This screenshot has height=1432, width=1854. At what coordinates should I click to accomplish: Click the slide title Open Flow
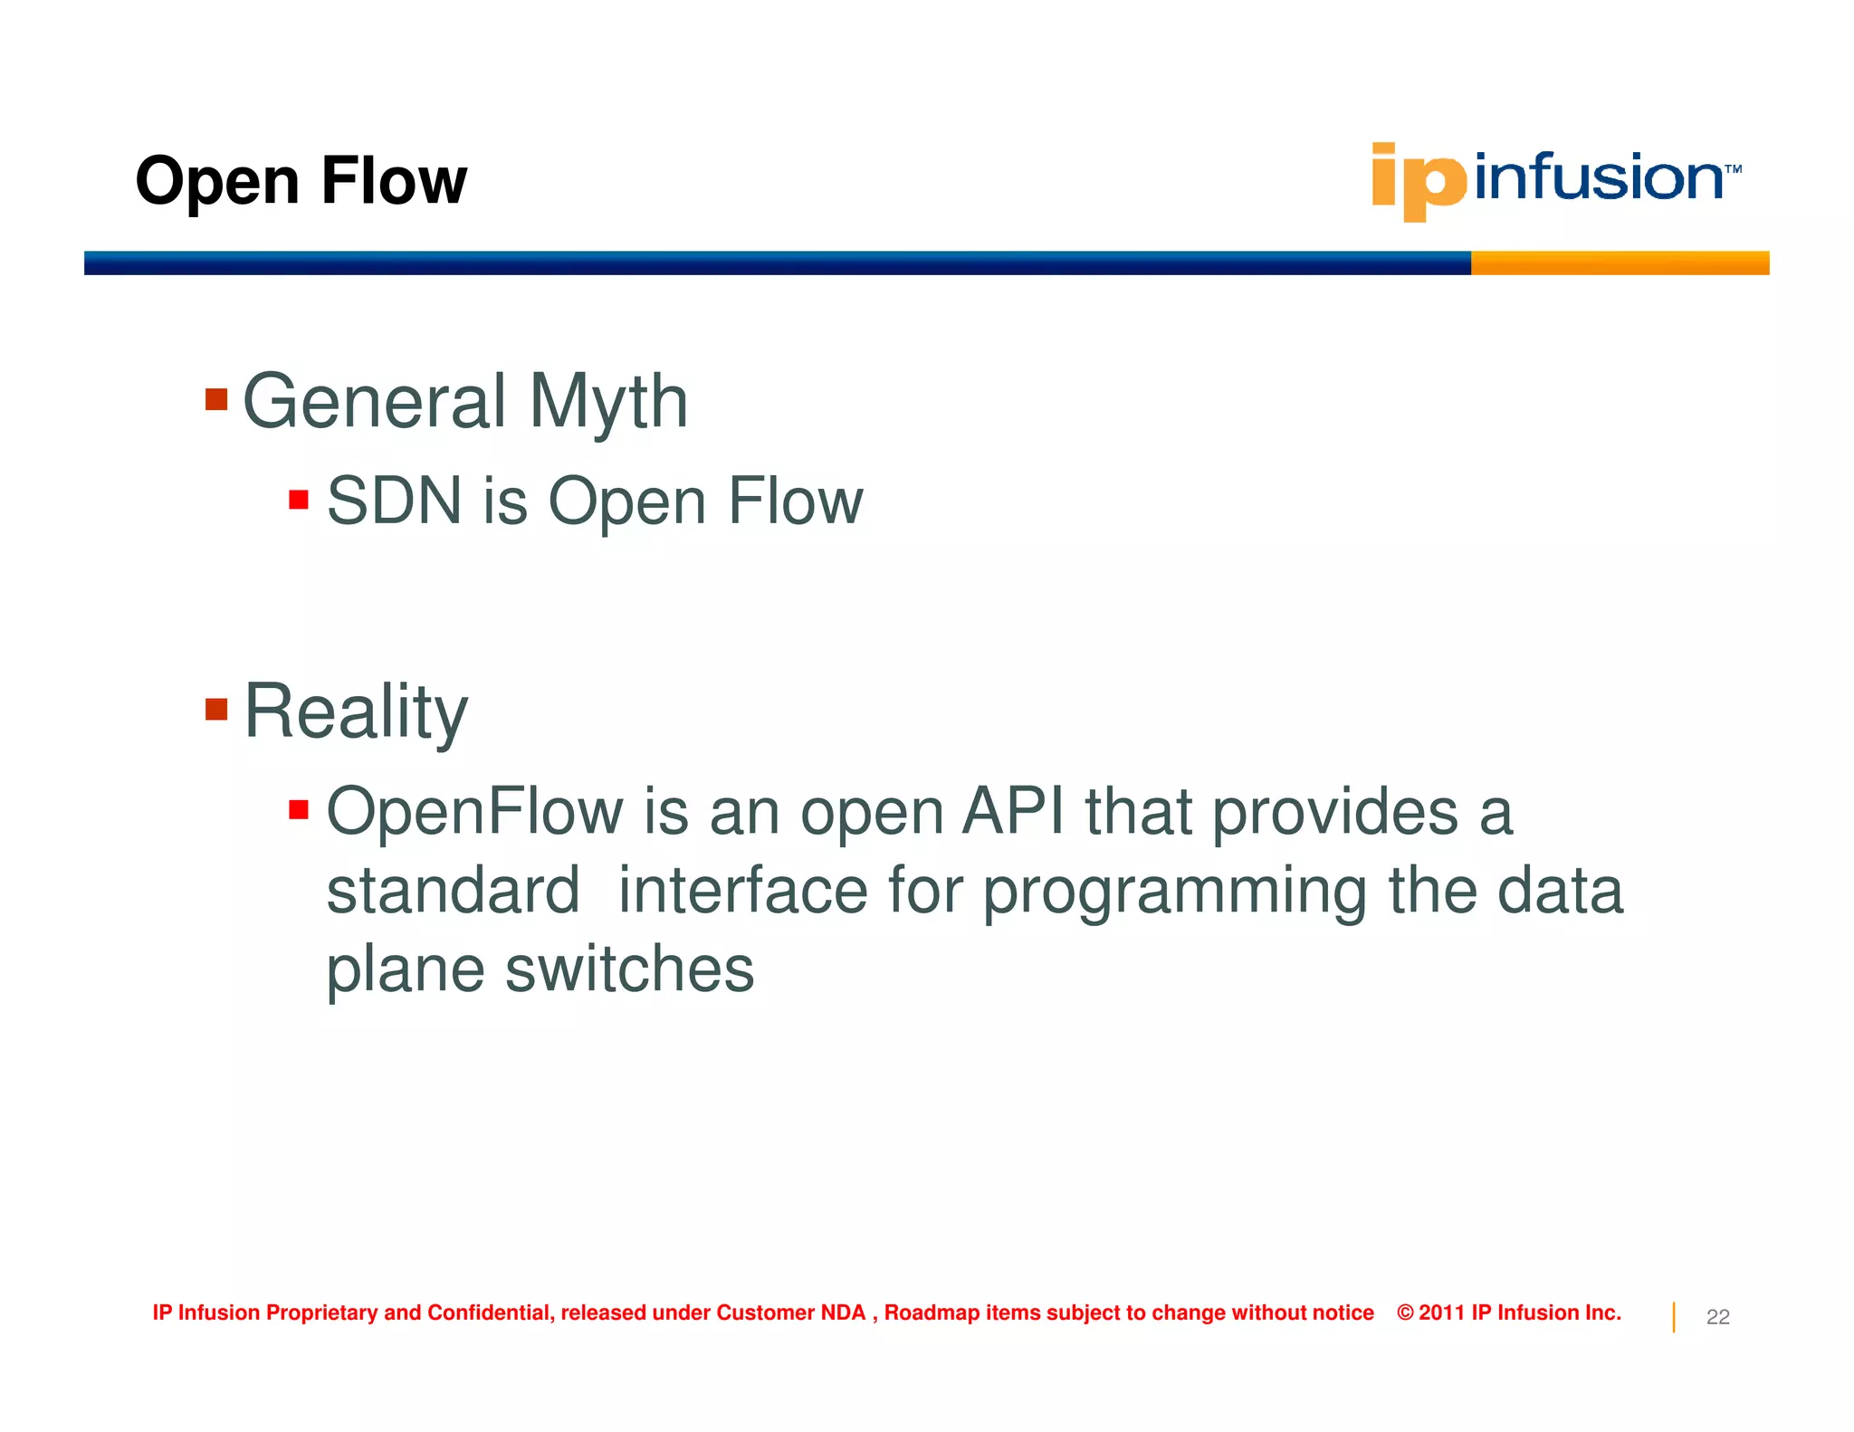click(301, 181)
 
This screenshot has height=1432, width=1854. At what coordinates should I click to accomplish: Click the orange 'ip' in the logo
click(1417, 181)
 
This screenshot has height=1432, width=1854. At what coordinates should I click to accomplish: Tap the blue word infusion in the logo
click(1598, 177)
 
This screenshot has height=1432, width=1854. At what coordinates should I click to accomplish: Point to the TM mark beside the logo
click(1733, 169)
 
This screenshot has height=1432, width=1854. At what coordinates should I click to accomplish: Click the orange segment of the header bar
click(1619, 263)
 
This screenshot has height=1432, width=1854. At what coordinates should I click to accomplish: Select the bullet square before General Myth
click(216, 399)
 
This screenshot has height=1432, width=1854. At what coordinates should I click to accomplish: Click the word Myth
click(608, 402)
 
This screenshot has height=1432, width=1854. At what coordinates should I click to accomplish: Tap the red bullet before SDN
click(299, 500)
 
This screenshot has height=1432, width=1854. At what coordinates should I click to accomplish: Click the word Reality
click(356, 712)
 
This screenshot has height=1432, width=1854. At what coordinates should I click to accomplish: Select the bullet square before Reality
click(216, 709)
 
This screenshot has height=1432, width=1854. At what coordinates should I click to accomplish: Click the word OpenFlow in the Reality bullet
click(474, 811)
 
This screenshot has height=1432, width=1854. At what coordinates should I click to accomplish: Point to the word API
click(1013, 811)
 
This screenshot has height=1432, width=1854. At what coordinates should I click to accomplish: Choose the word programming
click(1174, 892)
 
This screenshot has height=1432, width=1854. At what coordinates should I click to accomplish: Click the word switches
click(629, 969)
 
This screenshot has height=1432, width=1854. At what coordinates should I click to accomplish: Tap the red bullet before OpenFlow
click(299, 809)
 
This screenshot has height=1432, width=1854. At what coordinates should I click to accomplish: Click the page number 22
click(1717, 1317)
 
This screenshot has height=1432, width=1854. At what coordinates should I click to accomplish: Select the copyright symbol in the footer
click(1405, 1313)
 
